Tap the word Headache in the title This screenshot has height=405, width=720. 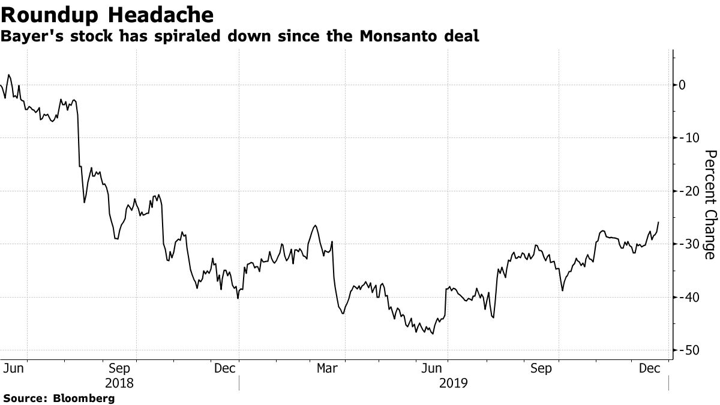[160, 13]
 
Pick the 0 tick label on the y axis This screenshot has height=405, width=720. [682, 85]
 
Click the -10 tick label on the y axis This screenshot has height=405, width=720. [686, 138]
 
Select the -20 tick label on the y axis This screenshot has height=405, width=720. [686, 191]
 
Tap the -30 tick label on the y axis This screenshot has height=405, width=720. [686, 244]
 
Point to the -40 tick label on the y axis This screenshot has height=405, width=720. [686, 297]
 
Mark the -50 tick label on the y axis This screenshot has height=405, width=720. [686, 350]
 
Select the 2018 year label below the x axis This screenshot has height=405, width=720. [119, 383]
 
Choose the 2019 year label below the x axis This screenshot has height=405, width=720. [453, 383]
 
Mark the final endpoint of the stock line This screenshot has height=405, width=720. [658, 222]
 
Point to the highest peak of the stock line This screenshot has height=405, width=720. [8, 75]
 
